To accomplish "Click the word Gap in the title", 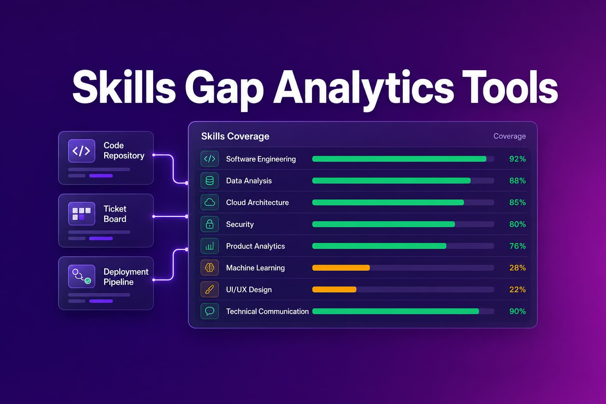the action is [x=224, y=89].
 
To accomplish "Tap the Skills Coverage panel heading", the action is [x=235, y=136].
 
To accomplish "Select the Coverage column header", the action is [x=509, y=136].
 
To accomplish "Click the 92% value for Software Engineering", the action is [x=517, y=159].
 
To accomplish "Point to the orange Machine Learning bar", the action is [x=341, y=267].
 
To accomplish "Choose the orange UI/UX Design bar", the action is [x=334, y=290].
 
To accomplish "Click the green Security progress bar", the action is [x=383, y=224].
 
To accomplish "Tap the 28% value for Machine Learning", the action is [x=517, y=268].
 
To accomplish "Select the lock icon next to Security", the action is [x=209, y=224].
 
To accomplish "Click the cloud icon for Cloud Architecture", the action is [x=209, y=202].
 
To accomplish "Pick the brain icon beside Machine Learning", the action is [x=209, y=267].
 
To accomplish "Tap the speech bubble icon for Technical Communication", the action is [x=209, y=311].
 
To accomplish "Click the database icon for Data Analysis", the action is [x=209, y=180].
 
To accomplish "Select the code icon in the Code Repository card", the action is [x=81, y=151].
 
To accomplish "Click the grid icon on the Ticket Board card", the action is [x=81, y=213].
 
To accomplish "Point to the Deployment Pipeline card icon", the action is [x=81, y=276].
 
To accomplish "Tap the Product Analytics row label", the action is [x=255, y=246].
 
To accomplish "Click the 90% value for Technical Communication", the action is [x=517, y=311].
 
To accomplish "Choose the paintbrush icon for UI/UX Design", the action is [x=209, y=289].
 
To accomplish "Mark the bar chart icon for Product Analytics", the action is [x=209, y=246].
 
